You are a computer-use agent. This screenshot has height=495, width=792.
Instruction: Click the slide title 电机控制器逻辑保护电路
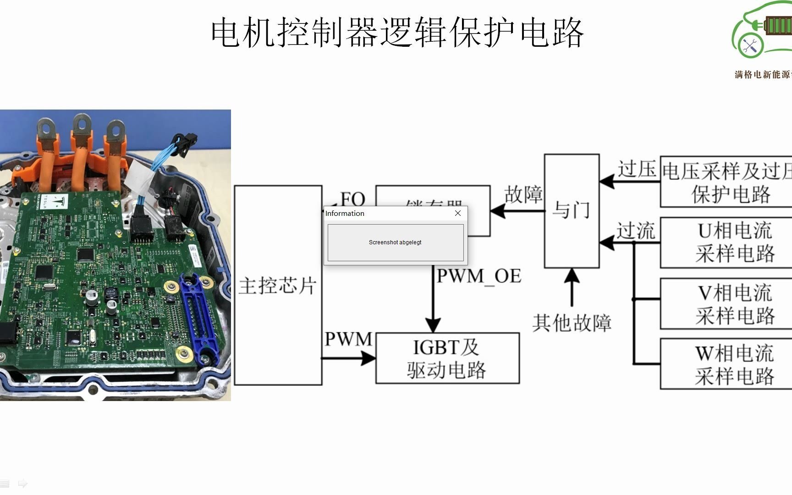point(397,33)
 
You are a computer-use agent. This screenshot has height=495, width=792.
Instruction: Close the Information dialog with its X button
point(457,213)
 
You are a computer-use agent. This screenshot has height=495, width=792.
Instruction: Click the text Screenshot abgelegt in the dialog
point(395,242)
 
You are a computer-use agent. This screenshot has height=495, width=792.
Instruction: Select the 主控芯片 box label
point(277,286)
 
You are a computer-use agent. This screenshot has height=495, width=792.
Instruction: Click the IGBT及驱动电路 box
point(447,358)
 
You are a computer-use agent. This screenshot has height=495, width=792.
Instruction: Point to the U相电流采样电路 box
point(733,242)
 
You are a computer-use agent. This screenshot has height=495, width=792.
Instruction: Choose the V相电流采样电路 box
point(733,304)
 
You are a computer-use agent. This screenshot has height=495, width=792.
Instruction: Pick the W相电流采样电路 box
point(733,364)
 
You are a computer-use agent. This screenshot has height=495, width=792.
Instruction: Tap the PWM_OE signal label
point(478,276)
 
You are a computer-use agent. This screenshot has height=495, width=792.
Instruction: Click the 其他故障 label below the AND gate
point(572,323)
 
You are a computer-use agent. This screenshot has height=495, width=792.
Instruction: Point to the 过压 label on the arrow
point(637,169)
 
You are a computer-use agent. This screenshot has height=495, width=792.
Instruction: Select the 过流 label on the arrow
point(635,231)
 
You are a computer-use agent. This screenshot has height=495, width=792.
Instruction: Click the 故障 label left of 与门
point(523,194)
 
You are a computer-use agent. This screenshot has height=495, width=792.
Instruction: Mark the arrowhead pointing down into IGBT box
point(433,325)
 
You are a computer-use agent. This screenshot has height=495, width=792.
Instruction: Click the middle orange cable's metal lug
point(81,124)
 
